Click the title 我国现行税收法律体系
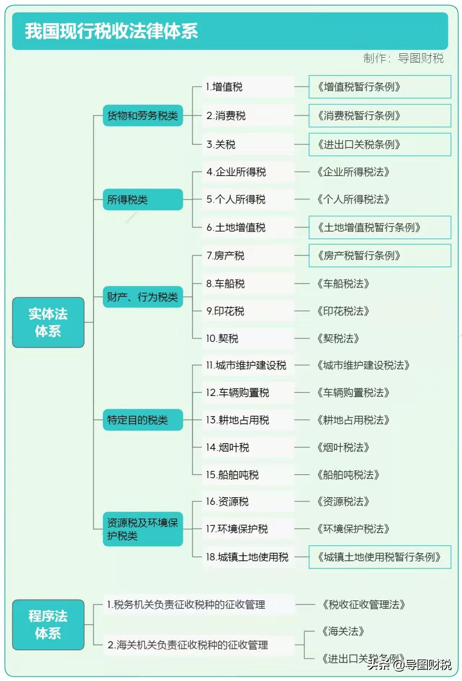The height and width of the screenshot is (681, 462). [x=111, y=31]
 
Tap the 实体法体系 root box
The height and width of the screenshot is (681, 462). [x=48, y=322]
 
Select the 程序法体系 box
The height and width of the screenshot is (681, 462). [x=48, y=625]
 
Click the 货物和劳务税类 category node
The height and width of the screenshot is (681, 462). [x=143, y=115]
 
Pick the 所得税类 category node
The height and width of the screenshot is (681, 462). [x=143, y=199]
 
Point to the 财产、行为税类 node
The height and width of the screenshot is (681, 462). [x=143, y=297]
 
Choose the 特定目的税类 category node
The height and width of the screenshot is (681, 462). [x=143, y=420]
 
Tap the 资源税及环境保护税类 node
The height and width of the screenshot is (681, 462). [x=143, y=529]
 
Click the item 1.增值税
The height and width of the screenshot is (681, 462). [x=224, y=87]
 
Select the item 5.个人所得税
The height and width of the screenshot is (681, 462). [x=236, y=199]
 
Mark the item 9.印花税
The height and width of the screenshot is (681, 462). [x=225, y=311]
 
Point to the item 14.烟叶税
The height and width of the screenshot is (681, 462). [x=227, y=448]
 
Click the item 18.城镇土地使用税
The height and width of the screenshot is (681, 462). [x=247, y=557]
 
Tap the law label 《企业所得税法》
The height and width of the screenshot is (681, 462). [x=353, y=172]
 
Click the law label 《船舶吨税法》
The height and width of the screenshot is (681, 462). [x=348, y=475]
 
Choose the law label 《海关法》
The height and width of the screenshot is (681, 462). [x=343, y=631]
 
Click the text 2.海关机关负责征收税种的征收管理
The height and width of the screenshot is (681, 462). [x=188, y=645]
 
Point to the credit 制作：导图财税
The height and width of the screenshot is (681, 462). [x=403, y=58]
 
